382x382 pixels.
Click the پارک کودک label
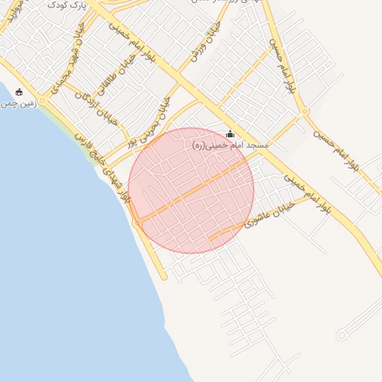68,5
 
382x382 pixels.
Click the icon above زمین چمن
19,92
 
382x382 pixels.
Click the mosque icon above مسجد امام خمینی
229,134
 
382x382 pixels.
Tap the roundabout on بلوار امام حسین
304,112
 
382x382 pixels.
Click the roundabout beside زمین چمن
43,99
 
